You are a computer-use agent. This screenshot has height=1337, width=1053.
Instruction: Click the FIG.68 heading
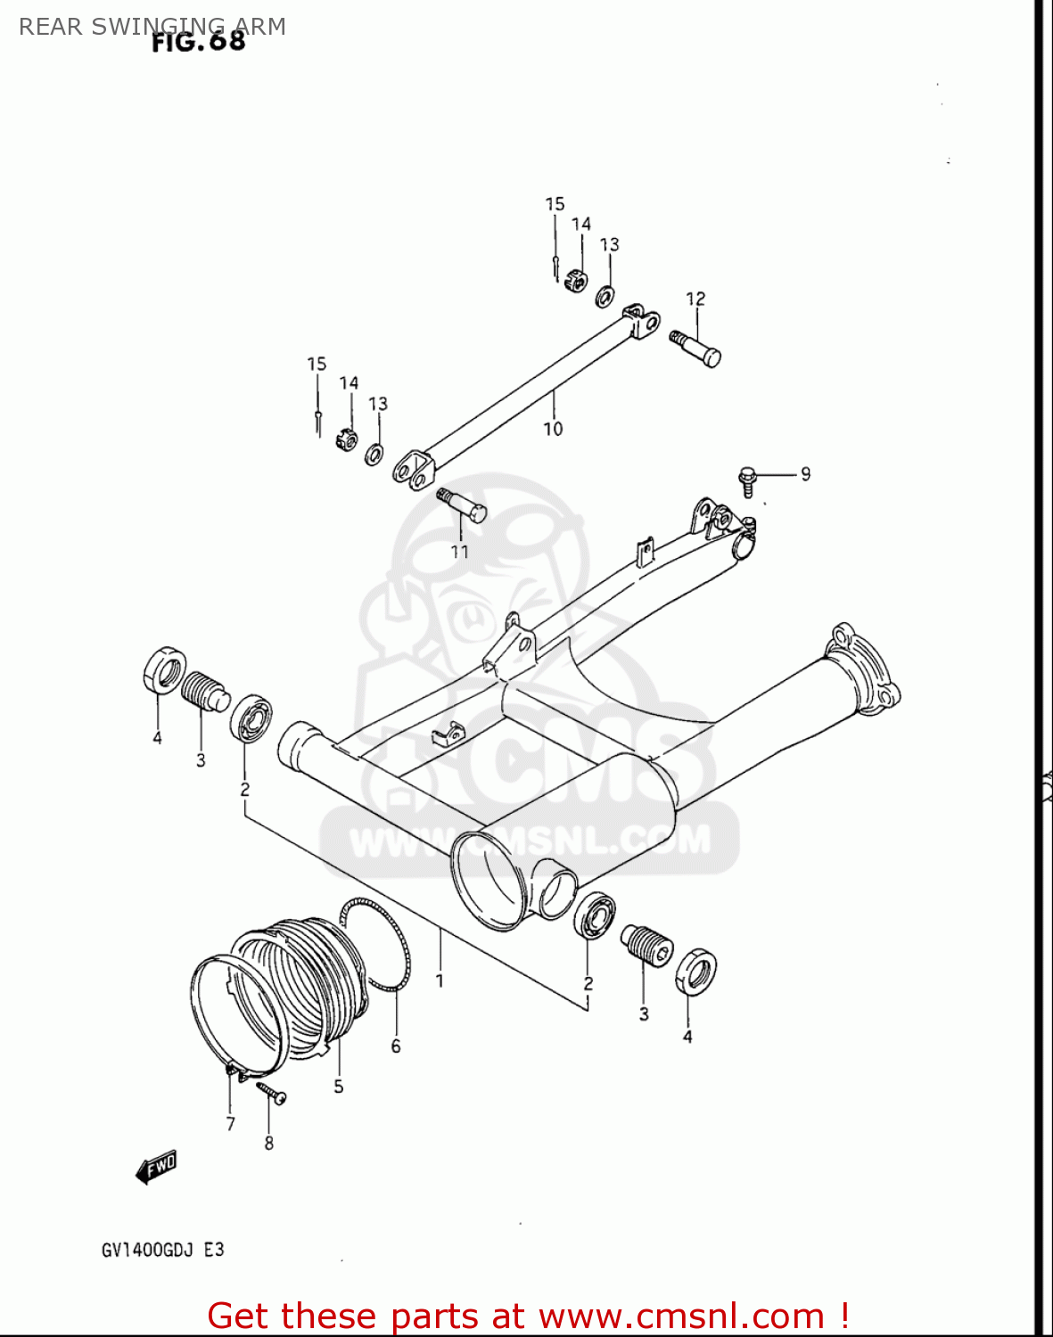(198, 41)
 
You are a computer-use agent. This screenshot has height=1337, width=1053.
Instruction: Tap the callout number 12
(695, 299)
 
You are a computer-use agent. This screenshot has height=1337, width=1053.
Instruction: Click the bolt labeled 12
(696, 348)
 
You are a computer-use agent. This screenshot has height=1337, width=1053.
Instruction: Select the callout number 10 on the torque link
(553, 429)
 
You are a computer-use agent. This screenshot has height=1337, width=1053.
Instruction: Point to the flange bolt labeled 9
(747, 480)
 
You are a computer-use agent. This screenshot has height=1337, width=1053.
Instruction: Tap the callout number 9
(805, 474)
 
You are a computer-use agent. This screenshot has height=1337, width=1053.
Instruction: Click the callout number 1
(440, 981)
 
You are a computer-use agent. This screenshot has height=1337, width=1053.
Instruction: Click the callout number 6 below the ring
(396, 1046)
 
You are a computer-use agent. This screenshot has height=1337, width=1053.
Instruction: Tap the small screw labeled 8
(271, 1093)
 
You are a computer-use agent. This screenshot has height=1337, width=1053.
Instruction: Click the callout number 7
(230, 1124)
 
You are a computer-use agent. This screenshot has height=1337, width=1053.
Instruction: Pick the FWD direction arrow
(156, 1167)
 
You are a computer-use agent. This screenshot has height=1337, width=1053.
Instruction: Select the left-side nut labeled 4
(164, 670)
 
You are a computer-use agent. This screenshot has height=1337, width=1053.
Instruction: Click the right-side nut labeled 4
(695, 972)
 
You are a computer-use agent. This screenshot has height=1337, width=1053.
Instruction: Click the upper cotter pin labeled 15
(555, 265)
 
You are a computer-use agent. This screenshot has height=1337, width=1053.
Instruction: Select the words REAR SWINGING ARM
(152, 27)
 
